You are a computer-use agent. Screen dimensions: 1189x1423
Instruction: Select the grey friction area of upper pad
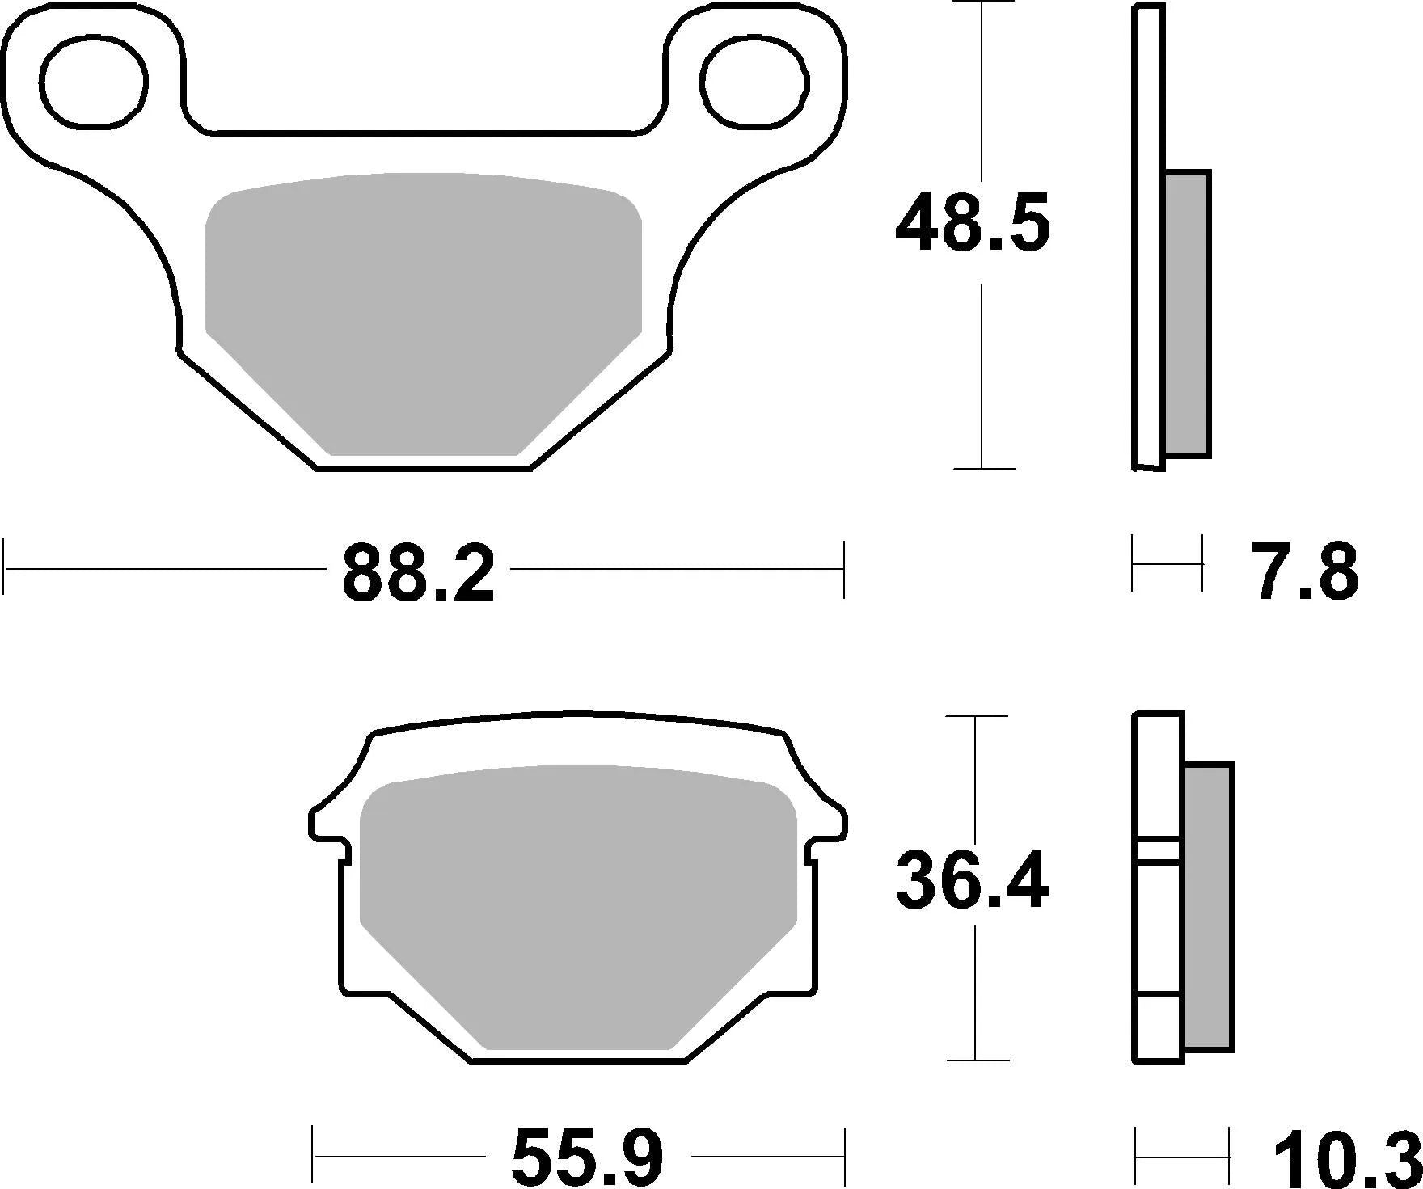pyautogui.click(x=423, y=307)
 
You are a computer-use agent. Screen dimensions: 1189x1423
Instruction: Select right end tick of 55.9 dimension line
pyautogui.click(x=844, y=1157)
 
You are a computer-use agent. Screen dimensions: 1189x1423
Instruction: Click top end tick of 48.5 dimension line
pyautogui.click(x=981, y=2)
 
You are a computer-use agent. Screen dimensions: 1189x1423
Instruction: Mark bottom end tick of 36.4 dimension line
pyautogui.click(x=978, y=1060)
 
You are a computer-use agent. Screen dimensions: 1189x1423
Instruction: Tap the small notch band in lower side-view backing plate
pyautogui.click(x=1159, y=850)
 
